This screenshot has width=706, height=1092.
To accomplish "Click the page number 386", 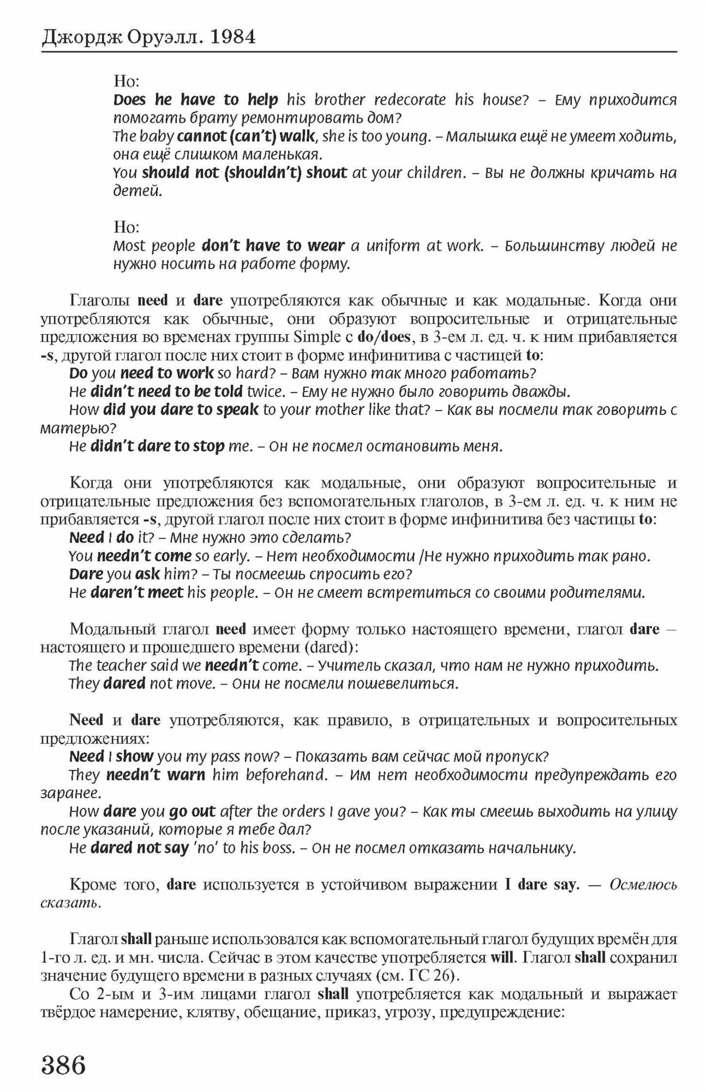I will (x=64, y=1064).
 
